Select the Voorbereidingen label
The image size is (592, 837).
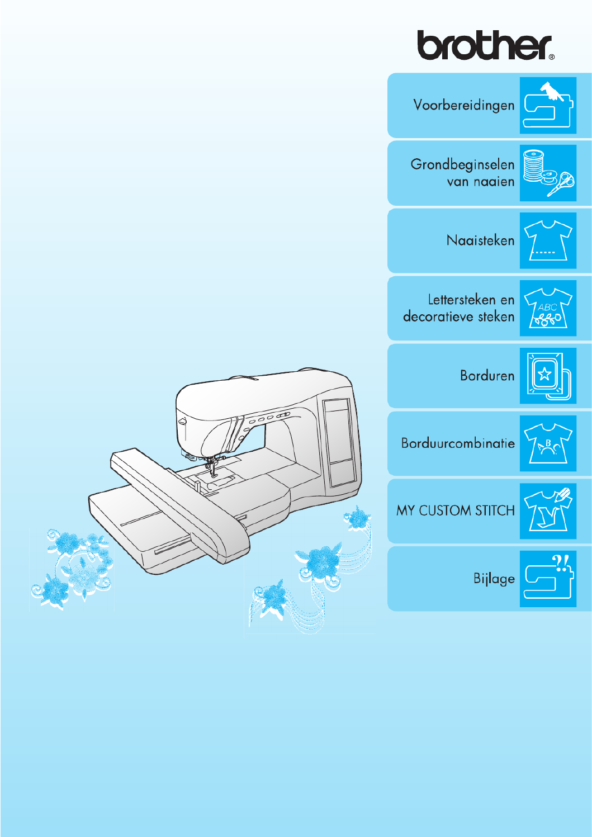point(463,105)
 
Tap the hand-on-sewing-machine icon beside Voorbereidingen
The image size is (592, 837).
point(548,105)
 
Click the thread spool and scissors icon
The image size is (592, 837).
point(548,173)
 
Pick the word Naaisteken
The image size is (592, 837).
point(480,240)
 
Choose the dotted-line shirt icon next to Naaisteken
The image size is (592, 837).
point(548,240)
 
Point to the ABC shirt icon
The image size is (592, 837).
point(548,308)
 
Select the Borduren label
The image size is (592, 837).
point(487,376)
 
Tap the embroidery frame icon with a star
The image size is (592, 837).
point(548,376)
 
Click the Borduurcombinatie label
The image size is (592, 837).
point(458,443)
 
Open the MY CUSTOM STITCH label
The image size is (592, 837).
point(455,510)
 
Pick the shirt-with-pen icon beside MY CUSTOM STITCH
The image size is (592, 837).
point(548,511)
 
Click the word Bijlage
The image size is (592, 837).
point(494,579)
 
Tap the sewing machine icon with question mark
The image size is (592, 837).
point(548,579)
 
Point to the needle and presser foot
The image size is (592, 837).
point(212,469)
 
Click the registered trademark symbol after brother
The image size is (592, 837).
point(552,57)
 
